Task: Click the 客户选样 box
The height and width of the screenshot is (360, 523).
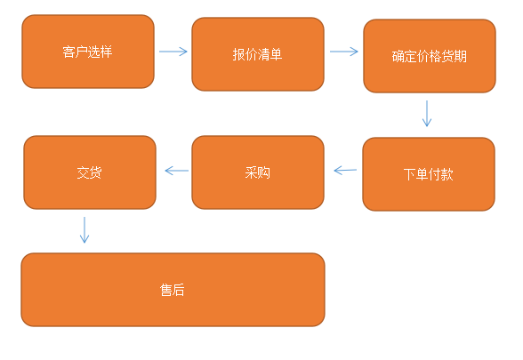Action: (x=88, y=52)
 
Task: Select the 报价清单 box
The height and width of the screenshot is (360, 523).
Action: (x=258, y=54)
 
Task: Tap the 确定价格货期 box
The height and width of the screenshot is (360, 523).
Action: (x=430, y=56)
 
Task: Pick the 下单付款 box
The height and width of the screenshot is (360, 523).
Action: (x=429, y=174)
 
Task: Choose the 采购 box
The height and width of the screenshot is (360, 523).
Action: (x=258, y=172)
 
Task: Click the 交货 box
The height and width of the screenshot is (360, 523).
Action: (x=90, y=172)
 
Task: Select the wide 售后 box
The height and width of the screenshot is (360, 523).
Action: (x=173, y=290)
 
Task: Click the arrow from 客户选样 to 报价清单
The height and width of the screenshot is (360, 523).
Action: (x=173, y=52)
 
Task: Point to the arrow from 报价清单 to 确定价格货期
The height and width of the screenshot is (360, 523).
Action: (x=344, y=52)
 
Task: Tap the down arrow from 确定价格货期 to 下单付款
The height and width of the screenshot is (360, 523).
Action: (x=427, y=114)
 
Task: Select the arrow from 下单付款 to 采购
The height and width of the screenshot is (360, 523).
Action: (x=345, y=171)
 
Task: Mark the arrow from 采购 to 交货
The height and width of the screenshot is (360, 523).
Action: (x=177, y=171)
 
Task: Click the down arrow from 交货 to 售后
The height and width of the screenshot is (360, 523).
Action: (x=84, y=230)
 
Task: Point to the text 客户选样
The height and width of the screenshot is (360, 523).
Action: (x=87, y=52)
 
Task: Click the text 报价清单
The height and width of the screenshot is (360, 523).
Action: (x=258, y=54)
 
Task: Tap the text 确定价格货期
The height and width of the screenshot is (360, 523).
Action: (x=430, y=56)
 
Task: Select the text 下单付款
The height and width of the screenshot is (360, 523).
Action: (x=429, y=174)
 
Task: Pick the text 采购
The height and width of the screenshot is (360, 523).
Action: (x=258, y=172)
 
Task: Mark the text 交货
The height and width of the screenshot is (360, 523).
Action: (x=89, y=172)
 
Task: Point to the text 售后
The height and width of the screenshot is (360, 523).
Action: (x=173, y=290)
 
